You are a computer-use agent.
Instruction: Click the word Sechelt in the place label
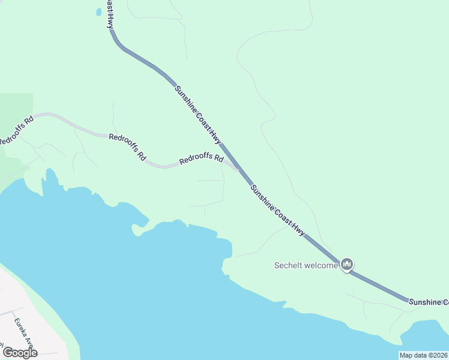(x=290, y=265)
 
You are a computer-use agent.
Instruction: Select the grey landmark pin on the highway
(x=346, y=264)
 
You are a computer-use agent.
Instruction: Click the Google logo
(x=20, y=352)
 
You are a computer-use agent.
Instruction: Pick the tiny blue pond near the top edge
(x=98, y=11)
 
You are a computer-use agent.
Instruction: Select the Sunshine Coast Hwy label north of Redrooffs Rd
(x=198, y=115)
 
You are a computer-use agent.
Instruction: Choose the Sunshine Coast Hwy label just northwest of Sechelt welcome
(x=278, y=210)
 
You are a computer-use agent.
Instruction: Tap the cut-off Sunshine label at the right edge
(x=429, y=302)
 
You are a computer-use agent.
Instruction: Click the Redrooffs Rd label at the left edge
(x=16, y=130)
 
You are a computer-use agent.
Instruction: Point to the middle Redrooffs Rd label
(x=127, y=146)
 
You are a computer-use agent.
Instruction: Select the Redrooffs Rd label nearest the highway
(x=201, y=160)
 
